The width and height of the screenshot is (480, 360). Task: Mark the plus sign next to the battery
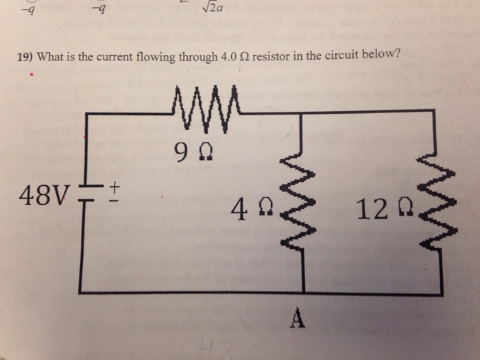click(115, 185)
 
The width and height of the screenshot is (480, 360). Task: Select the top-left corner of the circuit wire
click(85, 115)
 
